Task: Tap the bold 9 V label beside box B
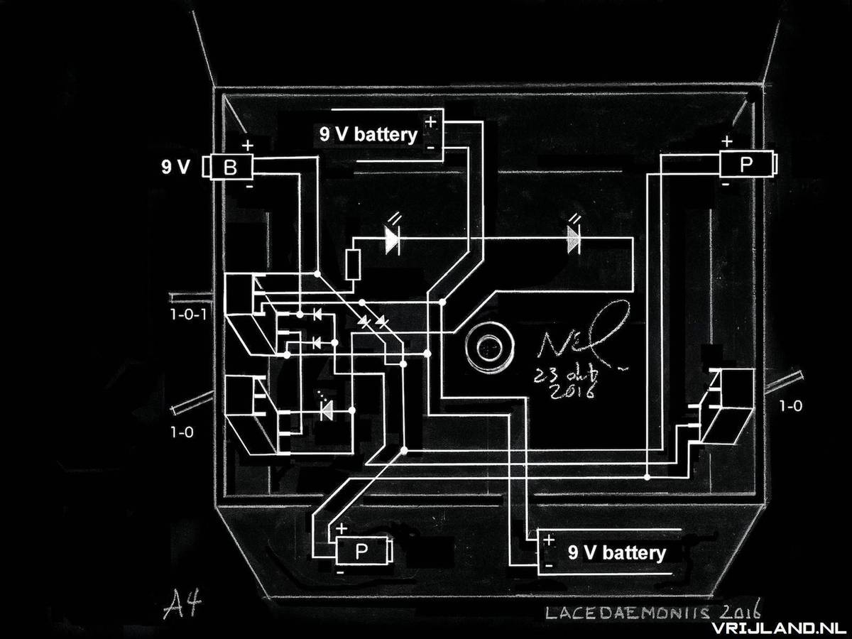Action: click(x=175, y=168)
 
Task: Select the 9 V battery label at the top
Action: click(x=368, y=135)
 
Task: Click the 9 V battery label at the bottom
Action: click(x=616, y=553)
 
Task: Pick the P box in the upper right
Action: click(x=746, y=165)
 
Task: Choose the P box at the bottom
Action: click(x=361, y=551)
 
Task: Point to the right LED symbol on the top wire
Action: click(x=574, y=240)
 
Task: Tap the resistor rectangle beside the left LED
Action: click(x=352, y=266)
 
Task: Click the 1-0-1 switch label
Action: click(x=188, y=313)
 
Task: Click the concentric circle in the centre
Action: click(x=488, y=348)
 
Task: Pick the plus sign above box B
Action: click(x=247, y=146)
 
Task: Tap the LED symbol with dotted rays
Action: click(x=327, y=410)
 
